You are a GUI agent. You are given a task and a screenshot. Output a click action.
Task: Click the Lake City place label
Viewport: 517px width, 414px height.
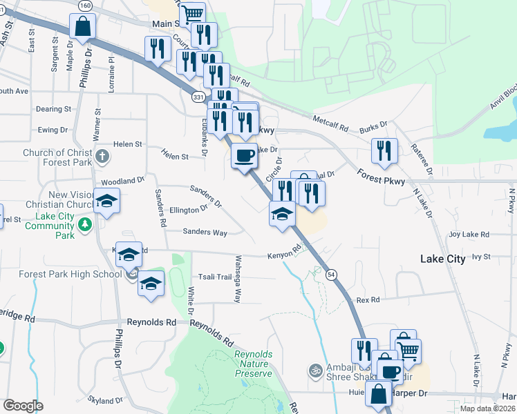443,259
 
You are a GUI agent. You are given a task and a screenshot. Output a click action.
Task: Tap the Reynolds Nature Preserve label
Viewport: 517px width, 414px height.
253,363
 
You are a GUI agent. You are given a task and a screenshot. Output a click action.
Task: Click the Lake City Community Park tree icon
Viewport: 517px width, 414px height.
84,224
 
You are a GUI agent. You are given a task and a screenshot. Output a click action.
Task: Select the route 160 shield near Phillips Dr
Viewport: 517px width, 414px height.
85,6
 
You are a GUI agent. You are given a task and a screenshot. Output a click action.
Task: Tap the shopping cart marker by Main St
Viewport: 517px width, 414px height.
192,14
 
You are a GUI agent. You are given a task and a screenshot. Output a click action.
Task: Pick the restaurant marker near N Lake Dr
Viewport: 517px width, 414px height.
384,151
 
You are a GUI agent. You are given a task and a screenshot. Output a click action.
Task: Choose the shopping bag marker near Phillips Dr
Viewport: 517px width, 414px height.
82,28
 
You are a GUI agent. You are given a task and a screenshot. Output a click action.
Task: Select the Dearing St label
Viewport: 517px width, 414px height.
54,109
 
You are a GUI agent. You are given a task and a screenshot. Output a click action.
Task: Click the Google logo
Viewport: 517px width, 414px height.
23,406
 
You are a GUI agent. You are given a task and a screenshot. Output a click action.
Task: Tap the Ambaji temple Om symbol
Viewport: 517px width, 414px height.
315,369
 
